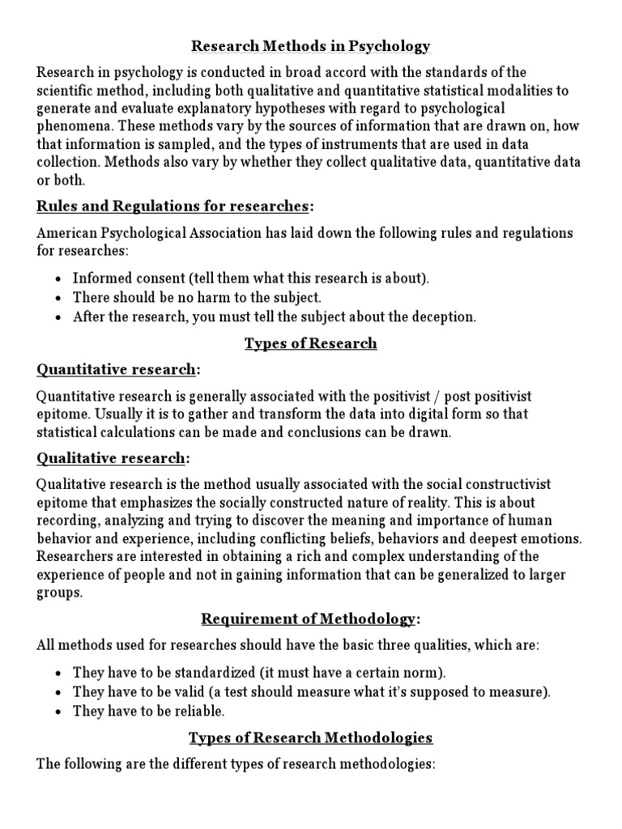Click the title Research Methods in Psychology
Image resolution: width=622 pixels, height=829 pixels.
tap(310, 46)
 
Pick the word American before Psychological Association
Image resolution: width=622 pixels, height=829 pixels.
tap(68, 233)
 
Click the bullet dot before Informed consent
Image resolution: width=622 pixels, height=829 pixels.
tap(60, 278)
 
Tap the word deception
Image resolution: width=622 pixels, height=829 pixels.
tap(445, 317)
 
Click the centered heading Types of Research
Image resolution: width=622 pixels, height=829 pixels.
tap(310, 343)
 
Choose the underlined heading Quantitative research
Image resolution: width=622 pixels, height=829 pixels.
tap(116, 370)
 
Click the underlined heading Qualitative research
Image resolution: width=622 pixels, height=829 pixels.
tap(111, 458)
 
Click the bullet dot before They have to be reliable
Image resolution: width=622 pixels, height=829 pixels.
tap(60, 712)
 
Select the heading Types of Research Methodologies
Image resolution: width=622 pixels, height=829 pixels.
tap(310, 738)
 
